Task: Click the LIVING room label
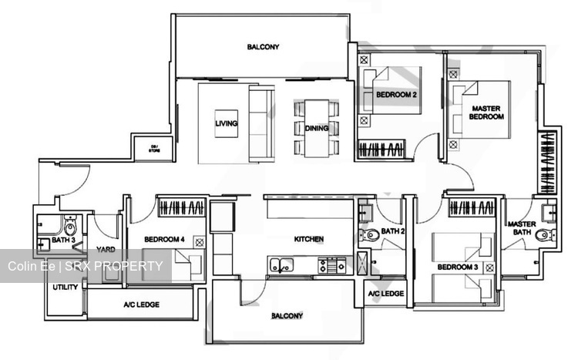pos(226,123)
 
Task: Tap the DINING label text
pos(317,128)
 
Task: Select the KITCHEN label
pos(308,239)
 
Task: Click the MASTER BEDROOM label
pos(487,113)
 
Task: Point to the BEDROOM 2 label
pos(396,95)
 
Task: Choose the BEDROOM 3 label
pos(457,267)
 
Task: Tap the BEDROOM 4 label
pos(163,239)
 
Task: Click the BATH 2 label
pos(393,231)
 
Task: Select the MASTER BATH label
pos(522,228)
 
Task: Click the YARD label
pos(106,250)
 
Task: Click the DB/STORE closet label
pos(154,148)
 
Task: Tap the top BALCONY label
pos(263,47)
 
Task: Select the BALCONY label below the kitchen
pos(286,316)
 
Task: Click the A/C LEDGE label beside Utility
pos(141,304)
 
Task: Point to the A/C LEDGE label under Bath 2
pos(385,294)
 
